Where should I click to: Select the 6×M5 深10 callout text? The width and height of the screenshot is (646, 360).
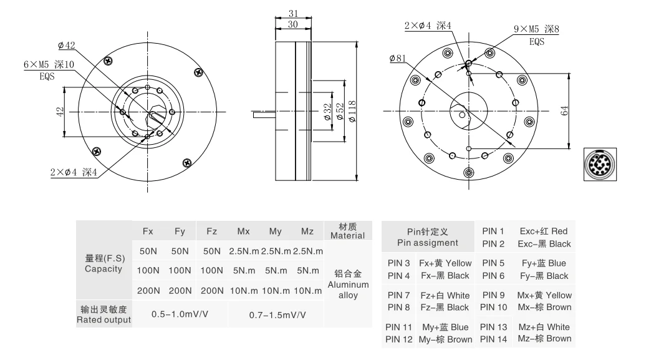(49, 64)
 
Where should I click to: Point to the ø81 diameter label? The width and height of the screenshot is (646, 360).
(397, 58)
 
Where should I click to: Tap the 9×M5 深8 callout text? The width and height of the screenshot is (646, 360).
(536, 29)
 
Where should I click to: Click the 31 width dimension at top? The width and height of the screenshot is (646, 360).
(292, 14)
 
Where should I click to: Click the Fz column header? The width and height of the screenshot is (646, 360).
(211, 231)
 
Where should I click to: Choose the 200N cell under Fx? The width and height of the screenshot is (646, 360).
(148, 290)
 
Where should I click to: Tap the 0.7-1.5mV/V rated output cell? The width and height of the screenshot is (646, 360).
(277, 315)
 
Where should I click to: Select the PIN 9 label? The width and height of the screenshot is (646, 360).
(493, 295)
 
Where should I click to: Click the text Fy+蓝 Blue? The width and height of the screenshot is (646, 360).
(544, 263)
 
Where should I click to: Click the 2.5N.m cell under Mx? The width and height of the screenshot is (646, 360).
(244, 251)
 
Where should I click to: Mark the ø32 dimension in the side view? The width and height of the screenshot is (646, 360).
(328, 112)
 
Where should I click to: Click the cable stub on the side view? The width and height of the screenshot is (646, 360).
(264, 114)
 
